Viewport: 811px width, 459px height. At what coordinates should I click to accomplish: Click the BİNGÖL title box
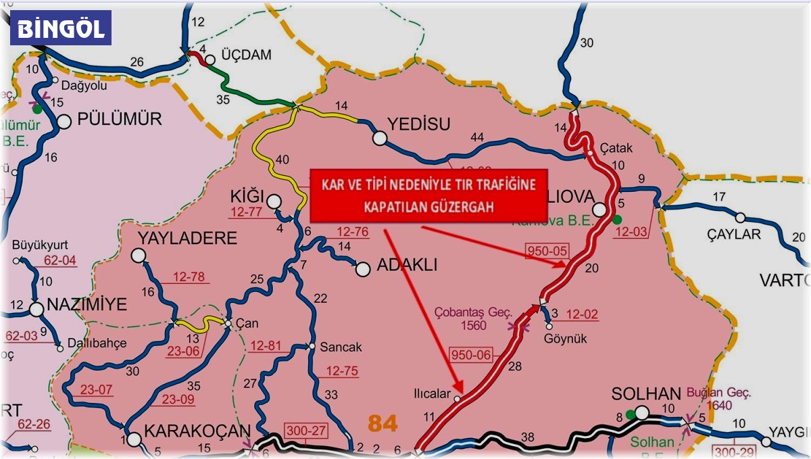61,28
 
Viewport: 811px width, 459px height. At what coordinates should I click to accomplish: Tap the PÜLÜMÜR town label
119,120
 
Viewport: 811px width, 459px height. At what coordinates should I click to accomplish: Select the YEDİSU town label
418,123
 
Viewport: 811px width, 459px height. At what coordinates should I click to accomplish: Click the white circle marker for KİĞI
274,201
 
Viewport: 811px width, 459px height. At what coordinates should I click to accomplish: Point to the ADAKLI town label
407,266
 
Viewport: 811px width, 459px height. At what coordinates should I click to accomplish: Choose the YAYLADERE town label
188,238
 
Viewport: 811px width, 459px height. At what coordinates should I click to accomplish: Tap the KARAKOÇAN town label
197,431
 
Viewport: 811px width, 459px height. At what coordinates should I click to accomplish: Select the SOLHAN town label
645,393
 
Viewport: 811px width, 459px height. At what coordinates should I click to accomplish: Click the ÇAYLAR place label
733,235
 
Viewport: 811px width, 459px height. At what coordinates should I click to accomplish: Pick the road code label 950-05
547,251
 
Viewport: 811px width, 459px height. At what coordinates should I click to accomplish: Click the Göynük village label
567,339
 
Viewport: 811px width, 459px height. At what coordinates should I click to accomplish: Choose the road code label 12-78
192,278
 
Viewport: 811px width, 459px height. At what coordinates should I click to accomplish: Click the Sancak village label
341,347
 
